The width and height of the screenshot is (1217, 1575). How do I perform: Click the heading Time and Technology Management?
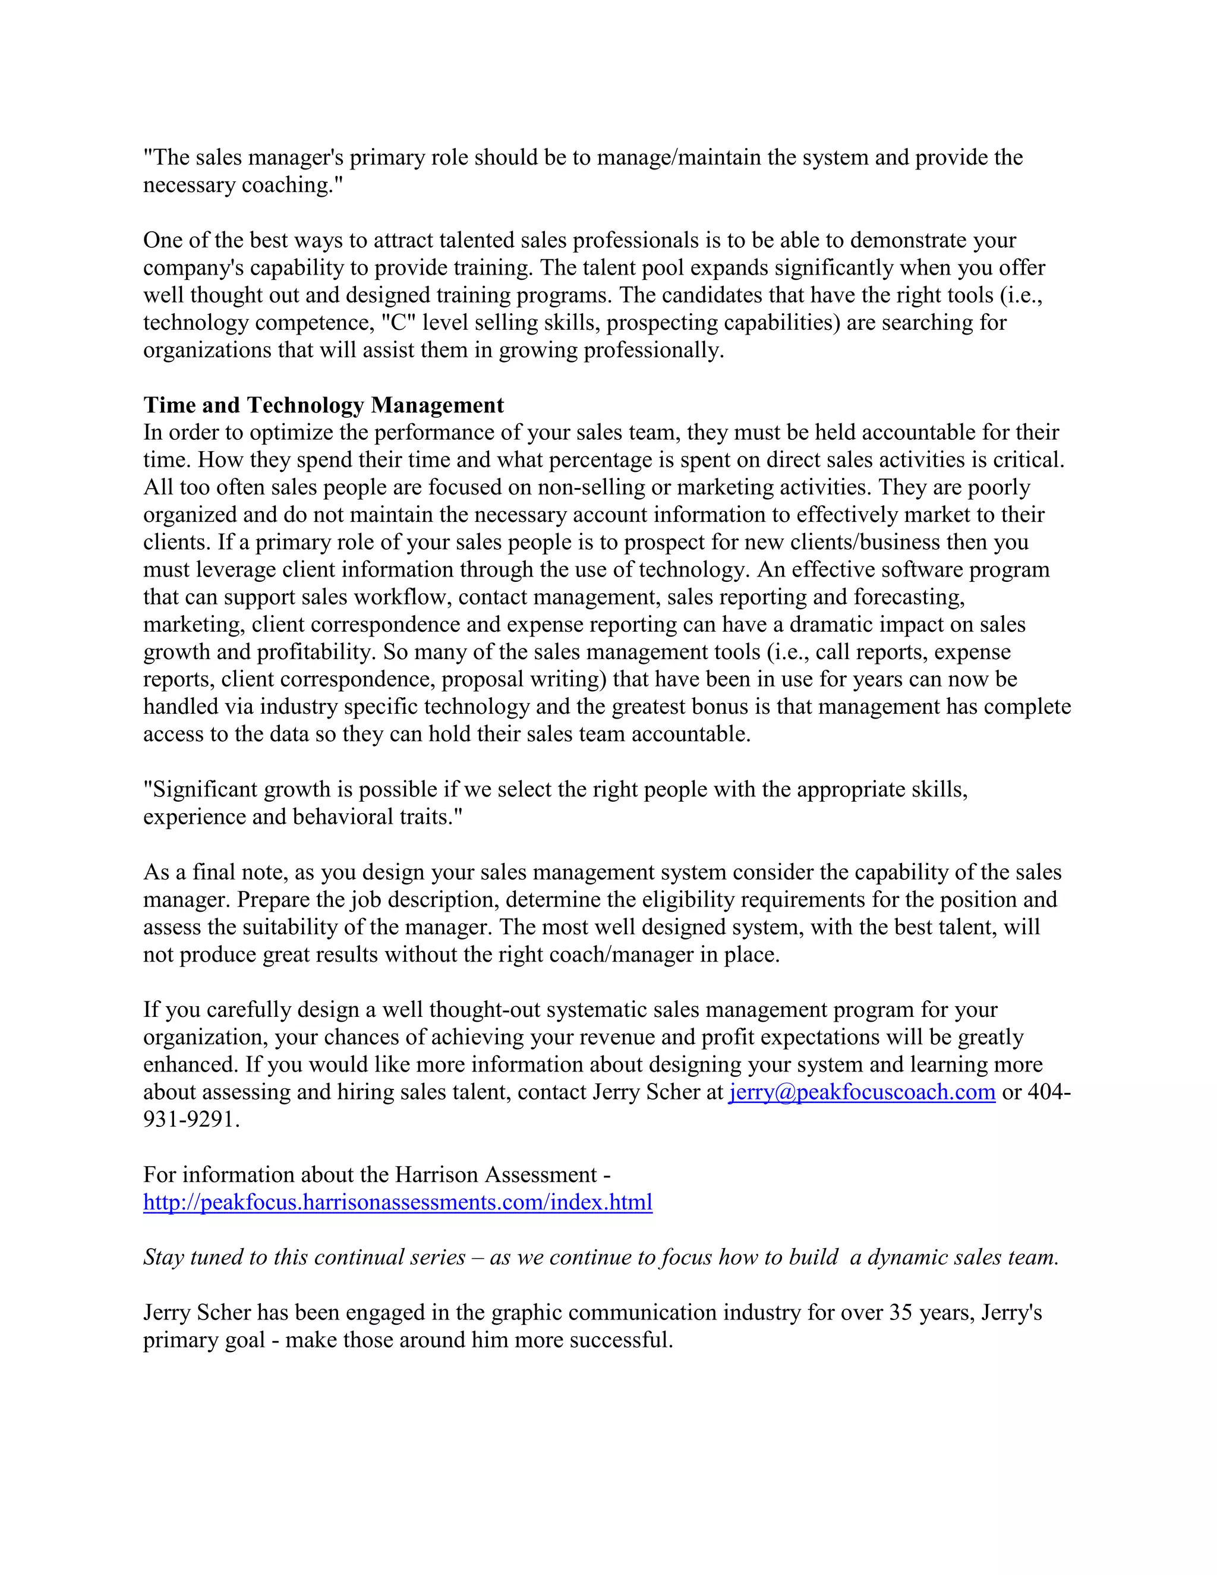(x=323, y=405)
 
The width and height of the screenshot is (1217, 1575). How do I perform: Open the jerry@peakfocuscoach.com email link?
(x=862, y=1092)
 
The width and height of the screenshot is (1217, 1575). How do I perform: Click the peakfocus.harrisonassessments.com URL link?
(x=398, y=1202)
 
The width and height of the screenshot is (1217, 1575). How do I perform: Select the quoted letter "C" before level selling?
(x=399, y=322)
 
